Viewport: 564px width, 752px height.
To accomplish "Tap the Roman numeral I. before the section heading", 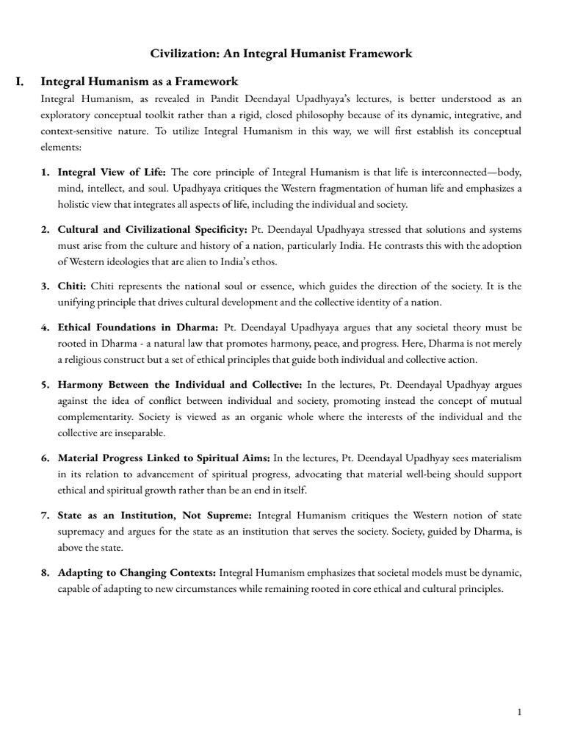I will click(x=21, y=82).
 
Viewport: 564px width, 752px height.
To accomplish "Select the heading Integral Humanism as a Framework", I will click(x=139, y=82).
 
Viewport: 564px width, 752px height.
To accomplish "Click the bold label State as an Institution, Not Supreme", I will click(x=155, y=515).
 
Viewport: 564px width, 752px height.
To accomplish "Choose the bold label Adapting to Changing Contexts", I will click(x=137, y=572).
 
